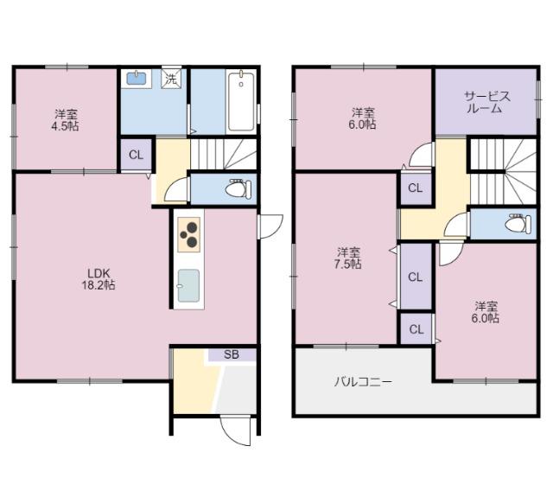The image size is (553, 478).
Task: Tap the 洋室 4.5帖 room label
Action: (x=67, y=119)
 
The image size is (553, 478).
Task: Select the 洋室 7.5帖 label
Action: (x=349, y=258)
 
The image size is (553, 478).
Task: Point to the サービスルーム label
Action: (x=487, y=103)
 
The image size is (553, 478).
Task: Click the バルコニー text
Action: (x=364, y=381)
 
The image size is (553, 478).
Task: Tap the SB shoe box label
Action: (x=232, y=354)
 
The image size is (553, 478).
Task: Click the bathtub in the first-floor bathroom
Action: (x=241, y=101)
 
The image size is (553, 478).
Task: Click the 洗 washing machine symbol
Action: (x=173, y=79)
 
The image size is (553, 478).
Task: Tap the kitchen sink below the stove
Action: (x=188, y=286)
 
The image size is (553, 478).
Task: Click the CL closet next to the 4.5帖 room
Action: (x=136, y=155)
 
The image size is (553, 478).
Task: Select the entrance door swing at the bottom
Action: (x=233, y=428)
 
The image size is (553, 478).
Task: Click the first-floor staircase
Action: (x=222, y=155)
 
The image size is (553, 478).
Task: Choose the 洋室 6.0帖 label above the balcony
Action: (x=486, y=311)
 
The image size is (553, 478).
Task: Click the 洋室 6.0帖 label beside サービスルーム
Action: (x=363, y=118)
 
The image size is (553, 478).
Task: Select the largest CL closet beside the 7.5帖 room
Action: (x=415, y=277)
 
